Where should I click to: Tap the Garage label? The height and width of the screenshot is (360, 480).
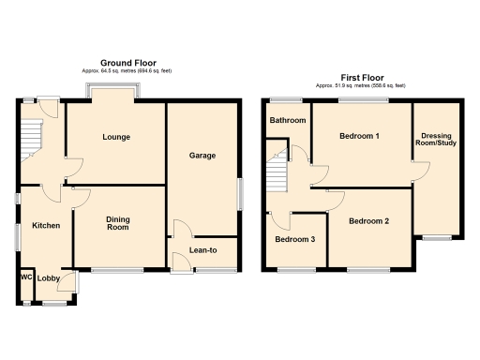(x=202, y=155)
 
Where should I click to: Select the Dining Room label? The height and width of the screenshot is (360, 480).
(x=117, y=223)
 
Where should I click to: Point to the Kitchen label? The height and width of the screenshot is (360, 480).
(x=46, y=226)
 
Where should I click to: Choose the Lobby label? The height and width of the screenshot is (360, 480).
(x=50, y=278)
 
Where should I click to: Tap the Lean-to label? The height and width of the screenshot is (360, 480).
(x=203, y=250)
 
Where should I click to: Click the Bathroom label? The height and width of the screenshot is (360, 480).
(x=288, y=120)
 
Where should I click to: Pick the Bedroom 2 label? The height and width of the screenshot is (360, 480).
(x=368, y=221)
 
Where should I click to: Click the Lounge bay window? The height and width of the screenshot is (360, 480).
(x=115, y=91)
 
